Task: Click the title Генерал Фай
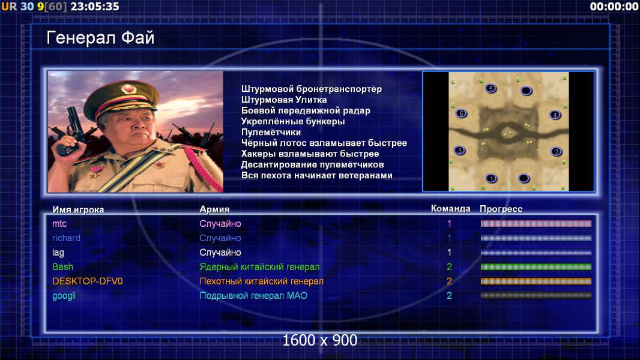click(100, 38)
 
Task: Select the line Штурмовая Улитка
click(283, 100)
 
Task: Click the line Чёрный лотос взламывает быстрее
click(324, 143)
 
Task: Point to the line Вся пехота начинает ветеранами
click(317, 175)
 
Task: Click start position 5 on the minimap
click(491, 88)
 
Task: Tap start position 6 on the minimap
click(461, 113)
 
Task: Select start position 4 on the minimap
click(555, 115)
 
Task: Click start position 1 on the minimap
click(491, 178)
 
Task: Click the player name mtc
click(59, 223)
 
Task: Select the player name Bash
click(63, 266)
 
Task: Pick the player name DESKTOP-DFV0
click(87, 281)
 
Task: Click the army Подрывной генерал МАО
click(253, 296)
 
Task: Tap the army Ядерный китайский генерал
click(259, 266)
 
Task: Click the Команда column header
click(451, 209)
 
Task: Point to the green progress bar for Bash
click(536, 267)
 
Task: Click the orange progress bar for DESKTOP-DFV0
click(536, 281)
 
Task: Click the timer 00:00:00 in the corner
click(614, 7)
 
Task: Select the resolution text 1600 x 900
click(320, 340)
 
